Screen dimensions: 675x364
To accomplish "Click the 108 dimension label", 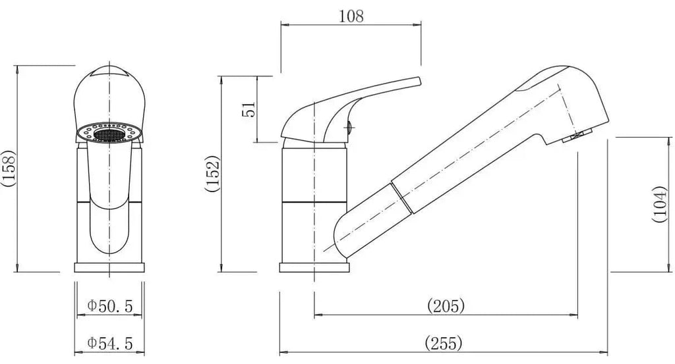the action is point(351,16).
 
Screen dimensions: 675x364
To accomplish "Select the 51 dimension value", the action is point(249,109).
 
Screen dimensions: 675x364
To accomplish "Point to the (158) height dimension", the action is point(8,168).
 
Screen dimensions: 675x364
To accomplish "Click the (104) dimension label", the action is point(659,204).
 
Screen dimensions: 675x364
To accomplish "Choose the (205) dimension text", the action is point(446,306).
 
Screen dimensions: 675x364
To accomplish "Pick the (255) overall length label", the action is point(444,344).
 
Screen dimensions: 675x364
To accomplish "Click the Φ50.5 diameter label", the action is point(110,306).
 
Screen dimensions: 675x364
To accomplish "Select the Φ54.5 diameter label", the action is point(110,344).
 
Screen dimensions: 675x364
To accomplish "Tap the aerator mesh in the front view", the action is point(109,135).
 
